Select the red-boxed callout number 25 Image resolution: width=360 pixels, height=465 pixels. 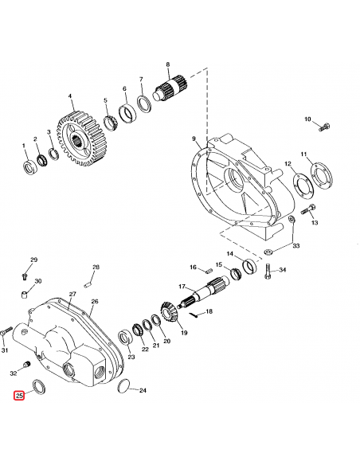tap(19, 396)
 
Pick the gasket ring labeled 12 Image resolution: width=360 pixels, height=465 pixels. tap(300, 182)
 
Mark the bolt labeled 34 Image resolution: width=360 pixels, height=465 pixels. tap(268, 272)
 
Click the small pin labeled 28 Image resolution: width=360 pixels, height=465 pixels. tap(92, 278)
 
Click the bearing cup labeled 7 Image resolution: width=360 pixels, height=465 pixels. tap(144, 104)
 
